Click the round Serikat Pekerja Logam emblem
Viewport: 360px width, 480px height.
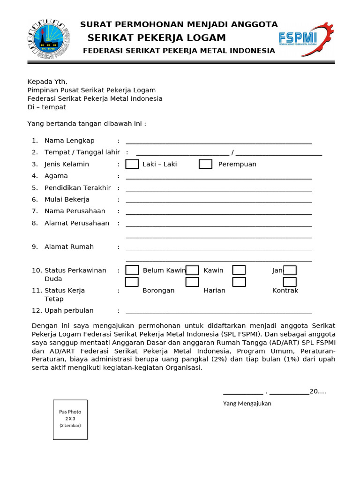click(48, 40)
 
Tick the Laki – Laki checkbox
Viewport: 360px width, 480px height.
click(132, 164)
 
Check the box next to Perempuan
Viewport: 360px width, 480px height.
click(205, 164)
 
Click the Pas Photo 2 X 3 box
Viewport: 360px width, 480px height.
click(70, 420)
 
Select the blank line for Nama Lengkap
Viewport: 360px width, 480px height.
click(219, 142)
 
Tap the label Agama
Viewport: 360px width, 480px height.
click(56, 176)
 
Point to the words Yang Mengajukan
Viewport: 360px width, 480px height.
click(247, 404)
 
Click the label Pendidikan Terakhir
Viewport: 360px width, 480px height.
click(77, 187)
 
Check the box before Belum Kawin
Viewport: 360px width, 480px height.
click(132, 270)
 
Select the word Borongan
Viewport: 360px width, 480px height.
click(158, 291)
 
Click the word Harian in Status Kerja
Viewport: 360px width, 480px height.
click(214, 291)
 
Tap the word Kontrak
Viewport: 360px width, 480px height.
click(285, 291)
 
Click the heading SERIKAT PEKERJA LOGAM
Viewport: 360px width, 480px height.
click(157, 38)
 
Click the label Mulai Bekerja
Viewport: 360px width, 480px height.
click(67, 199)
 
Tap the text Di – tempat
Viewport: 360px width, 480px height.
click(47, 107)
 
